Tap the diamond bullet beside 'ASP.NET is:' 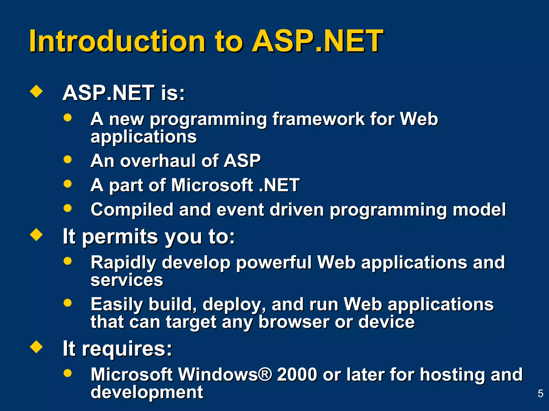point(36,91)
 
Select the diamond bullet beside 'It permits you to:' point(36,235)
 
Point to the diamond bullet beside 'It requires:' point(36,347)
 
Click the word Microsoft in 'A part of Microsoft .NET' point(212,185)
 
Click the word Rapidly point(123,262)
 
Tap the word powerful point(273,262)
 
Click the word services point(127,280)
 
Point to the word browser point(294,322)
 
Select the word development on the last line point(147,392)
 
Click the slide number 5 point(540,394)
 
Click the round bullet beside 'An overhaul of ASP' point(68,159)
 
